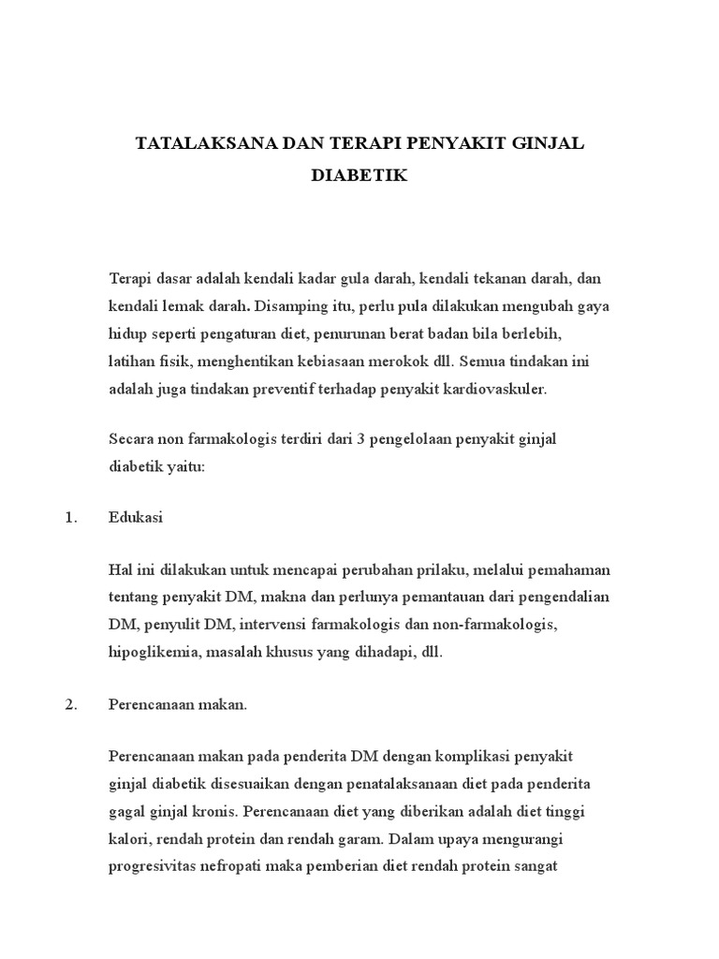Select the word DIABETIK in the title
[359, 176]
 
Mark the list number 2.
[70, 705]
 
